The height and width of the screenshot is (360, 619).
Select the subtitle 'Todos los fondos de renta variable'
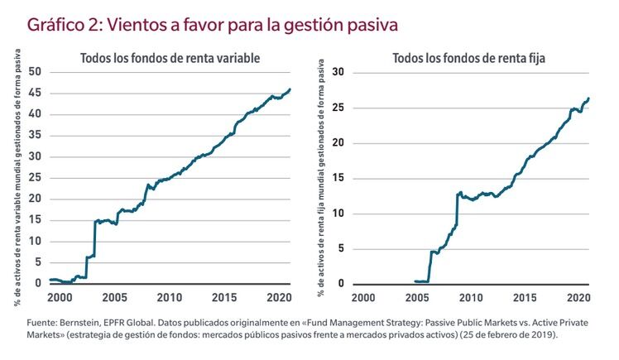(170, 58)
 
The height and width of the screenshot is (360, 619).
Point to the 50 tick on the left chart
(35, 72)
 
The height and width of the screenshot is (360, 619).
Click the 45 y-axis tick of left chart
(35, 93)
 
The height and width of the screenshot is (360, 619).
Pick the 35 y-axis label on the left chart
(35, 135)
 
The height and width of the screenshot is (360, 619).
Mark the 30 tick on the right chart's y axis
(336, 72)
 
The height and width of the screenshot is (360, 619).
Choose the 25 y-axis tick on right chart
(336, 108)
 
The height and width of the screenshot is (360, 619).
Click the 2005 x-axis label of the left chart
(114, 297)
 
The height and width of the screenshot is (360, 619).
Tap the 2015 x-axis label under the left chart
(223, 297)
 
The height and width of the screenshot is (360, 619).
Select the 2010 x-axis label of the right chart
(469, 297)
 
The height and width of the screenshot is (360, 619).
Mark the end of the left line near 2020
(290, 89)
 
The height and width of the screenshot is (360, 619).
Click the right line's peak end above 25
(588, 98)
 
